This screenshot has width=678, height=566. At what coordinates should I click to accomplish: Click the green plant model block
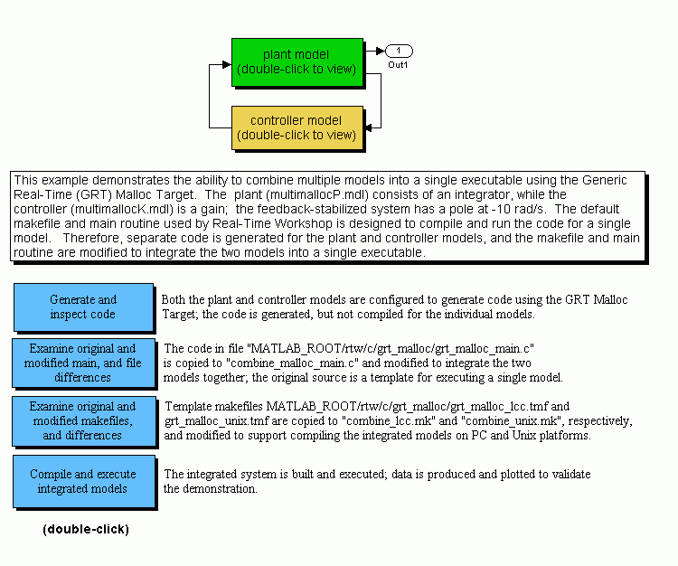pyautogui.click(x=297, y=62)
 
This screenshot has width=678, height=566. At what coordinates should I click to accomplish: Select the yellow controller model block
pyautogui.click(x=297, y=128)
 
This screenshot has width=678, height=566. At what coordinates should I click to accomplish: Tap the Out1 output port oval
pyautogui.click(x=399, y=51)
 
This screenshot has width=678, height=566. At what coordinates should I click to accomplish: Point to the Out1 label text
pyautogui.click(x=398, y=65)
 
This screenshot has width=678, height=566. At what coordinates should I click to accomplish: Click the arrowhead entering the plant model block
pyautogui.click(x=227, y=64)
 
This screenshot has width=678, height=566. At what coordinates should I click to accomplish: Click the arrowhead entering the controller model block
pyautogui.click(x=368, y=128)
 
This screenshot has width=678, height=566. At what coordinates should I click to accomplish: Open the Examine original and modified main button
pyautogui.click(x=83, y=363)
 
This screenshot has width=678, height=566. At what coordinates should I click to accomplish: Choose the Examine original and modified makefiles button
pyautogui.click(x=83, y=420)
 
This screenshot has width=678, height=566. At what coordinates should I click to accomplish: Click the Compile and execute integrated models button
pyautogui.click(x=83, y=481)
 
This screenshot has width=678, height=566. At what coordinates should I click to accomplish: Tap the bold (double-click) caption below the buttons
pyautogui.click(x=86, y=529)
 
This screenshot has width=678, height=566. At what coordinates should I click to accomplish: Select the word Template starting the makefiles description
pyautogui.click(x=188, y=407)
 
